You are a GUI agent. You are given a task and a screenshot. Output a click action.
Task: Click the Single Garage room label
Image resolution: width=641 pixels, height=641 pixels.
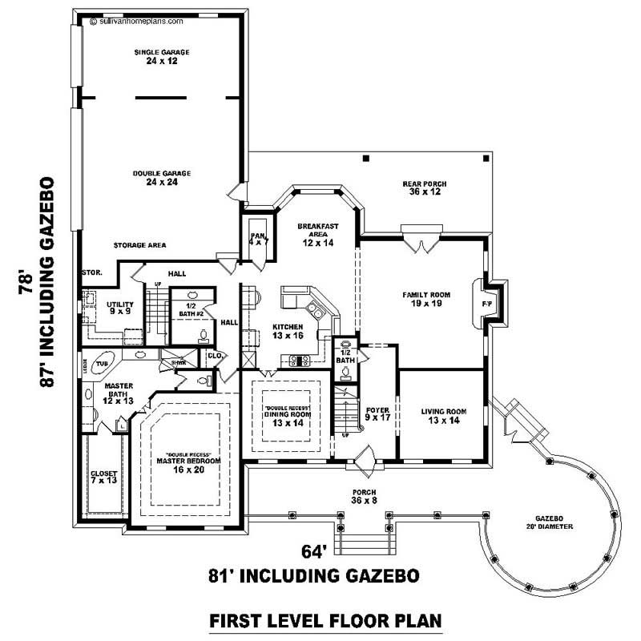coord(156,57)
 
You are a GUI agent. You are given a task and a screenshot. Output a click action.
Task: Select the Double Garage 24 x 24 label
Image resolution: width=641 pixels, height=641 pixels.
coord(156,177)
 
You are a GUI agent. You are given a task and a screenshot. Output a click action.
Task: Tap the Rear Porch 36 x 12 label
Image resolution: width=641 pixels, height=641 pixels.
coord(424,188)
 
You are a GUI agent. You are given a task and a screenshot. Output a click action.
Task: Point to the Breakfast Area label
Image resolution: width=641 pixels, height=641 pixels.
coord(318,234)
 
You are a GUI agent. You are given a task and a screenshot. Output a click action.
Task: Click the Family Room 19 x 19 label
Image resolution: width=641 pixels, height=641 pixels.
coord(425,299)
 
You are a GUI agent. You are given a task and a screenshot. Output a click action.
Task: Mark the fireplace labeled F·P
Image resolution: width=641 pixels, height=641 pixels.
coord(486,305)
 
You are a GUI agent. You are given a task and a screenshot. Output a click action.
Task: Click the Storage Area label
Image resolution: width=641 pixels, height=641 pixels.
coord(139,245)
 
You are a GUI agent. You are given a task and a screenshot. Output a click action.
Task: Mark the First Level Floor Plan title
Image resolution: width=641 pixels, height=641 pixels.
coord(325,620)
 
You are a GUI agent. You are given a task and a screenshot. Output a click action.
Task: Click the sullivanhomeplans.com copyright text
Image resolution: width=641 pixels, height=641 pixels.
coord(129,23)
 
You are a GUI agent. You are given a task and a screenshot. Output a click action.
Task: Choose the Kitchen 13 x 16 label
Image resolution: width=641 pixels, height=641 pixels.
coord(288,332)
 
